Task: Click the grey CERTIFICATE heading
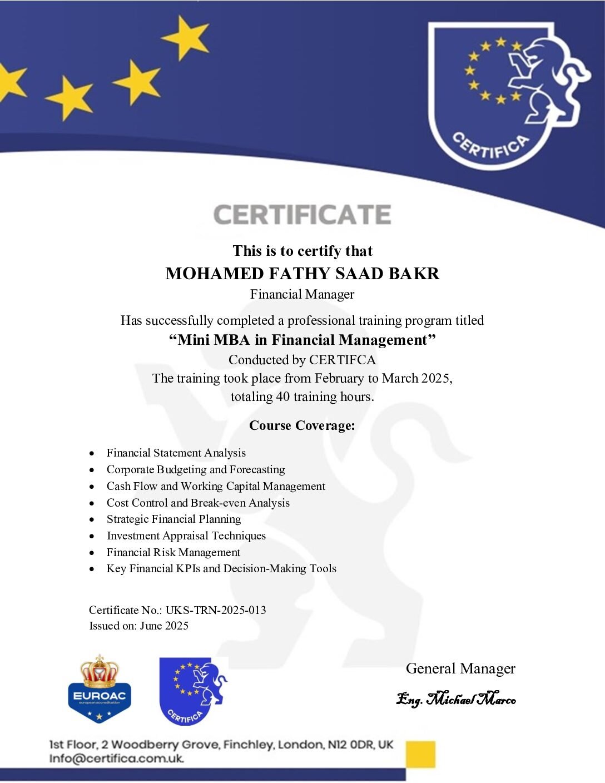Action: click(x=302, y=215)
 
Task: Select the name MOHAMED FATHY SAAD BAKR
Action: click(x=302, y=274)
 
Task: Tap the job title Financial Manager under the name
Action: click(x=302, y=294)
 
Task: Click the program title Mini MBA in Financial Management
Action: click(x=302, y=340)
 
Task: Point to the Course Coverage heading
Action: click(x=302, y=425)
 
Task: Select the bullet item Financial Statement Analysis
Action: click(x=176, y=453)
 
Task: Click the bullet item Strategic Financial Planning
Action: click(x=173, y=519)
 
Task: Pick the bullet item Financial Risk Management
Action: click(x=173, y=552)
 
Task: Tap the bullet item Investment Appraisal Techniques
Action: click(x=186, y=536)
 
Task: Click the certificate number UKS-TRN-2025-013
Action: click(x=216, y=610)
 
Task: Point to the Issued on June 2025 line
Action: click(x=138, y=626)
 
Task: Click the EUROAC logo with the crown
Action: click(x=100, y=690)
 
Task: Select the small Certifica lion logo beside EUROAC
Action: click(x=193, y=691)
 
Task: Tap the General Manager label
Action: click(x=460, y=668)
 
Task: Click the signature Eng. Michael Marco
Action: click(x=456, y=698)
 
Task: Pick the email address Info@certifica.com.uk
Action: click(x=116, y=759)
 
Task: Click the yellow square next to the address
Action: click(x=420, y=754)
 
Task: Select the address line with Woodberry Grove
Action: click(x=221, y=745)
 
